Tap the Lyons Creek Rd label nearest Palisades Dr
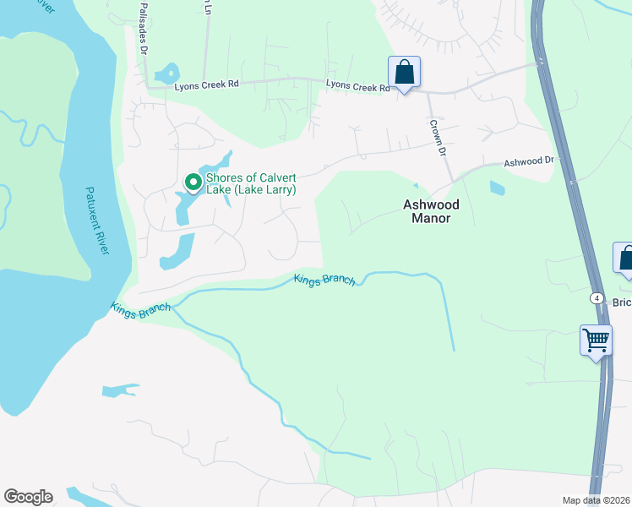[x=207, y=85]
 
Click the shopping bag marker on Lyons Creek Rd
[x=405, y=73]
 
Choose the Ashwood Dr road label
[x=529, y=161]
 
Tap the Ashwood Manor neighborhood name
[x=426, y=211]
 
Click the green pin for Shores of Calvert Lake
[x=193, y=182]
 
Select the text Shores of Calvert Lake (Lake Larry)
[x=251, y=184]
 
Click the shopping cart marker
[x=597, y=341]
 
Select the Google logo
[x=28, y=497]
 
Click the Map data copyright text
[x=597, y=500]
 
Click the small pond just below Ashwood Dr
[x=497, y=188]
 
